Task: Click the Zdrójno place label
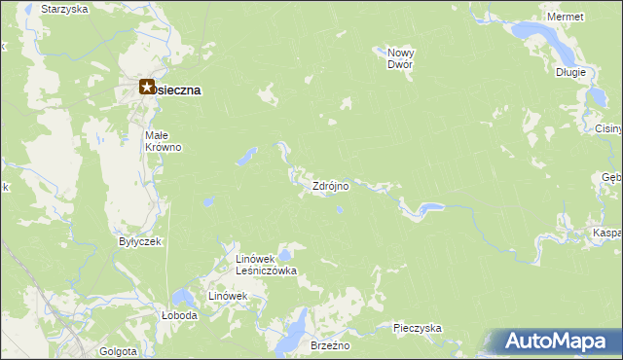click(330, 186)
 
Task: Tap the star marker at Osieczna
click(147, 88)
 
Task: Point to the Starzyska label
click(65, 8)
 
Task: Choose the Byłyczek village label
click(139, 241)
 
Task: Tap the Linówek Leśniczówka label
click(266, 265)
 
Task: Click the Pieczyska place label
click(419, 328)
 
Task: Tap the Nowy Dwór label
click(400, 58)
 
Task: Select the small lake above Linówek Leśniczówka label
click(283, 255)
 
